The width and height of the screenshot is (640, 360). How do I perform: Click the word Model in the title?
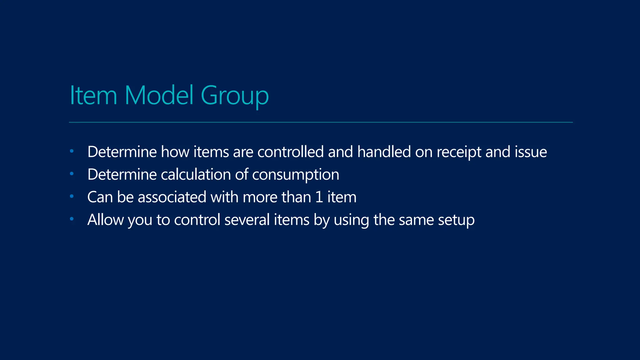[x=159, y=95]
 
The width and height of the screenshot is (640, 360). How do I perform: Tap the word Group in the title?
[x=234, y=96]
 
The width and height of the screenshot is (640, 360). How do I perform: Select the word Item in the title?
[x=93, y=95]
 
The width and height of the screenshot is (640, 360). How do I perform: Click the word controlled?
[x=290, y=152]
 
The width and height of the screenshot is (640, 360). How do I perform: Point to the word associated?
[x=172, y=197]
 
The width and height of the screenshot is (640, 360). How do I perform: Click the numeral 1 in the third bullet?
[x=319, y=197]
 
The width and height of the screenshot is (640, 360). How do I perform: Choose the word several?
[x=247, y=220]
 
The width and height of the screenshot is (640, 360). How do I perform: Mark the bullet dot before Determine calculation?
[x=72, y=174]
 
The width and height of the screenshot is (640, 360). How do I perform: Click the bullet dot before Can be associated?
[x=72, y=197]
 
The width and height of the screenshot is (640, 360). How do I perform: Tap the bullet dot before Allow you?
[x=72, y=219]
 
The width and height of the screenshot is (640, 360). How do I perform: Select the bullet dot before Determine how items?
[x=72, y=151]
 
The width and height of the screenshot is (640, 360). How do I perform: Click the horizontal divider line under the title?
[x=321, y=122]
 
